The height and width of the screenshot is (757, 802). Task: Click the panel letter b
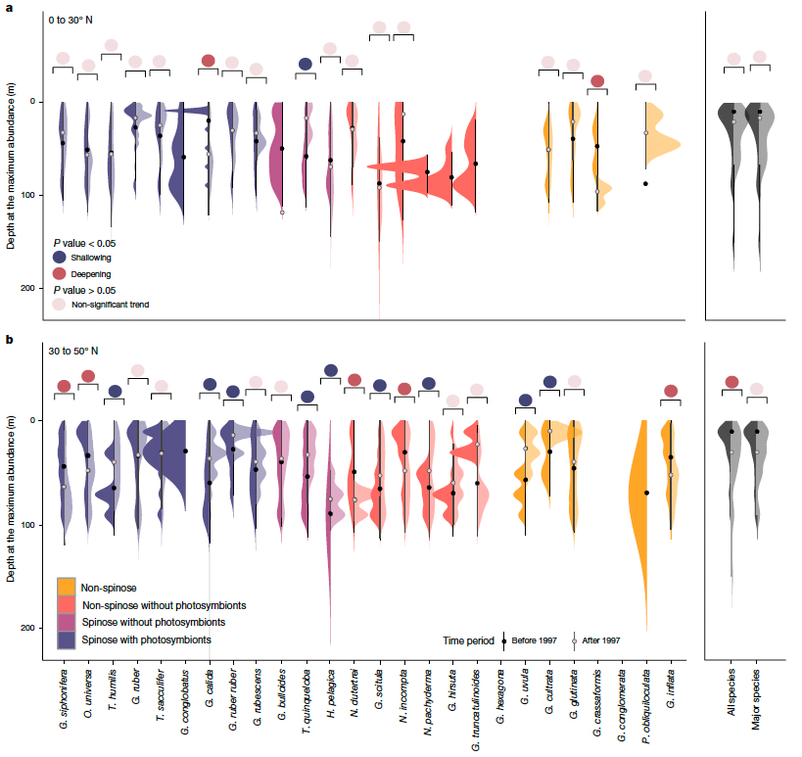tap(10, 340)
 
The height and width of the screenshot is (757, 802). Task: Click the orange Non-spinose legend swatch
tap(67, 586)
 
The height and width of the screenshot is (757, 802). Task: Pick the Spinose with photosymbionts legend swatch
tap(67, 639)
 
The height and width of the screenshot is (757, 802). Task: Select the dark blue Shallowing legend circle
tap(61, 257)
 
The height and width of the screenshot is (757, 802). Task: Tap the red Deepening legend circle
tap(61, 274)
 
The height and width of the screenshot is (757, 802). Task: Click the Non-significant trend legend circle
tap(61, 305)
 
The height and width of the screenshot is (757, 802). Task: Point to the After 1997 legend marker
tap(577, 639)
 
